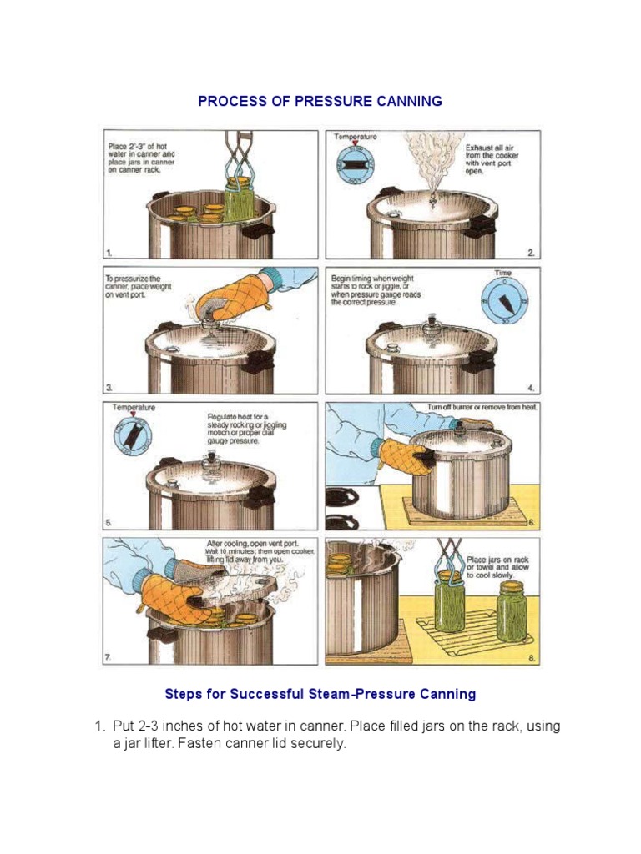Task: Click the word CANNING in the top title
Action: (405, 102)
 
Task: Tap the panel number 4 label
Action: (531, 387)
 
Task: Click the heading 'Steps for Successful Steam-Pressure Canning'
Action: (320, 694)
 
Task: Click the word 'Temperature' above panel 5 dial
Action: (134, 407)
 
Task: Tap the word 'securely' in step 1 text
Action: (315, 743)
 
